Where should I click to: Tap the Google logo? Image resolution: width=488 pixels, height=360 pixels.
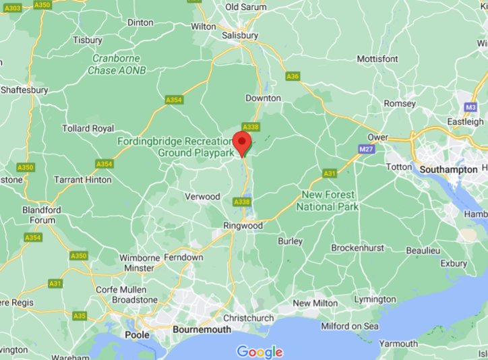260,351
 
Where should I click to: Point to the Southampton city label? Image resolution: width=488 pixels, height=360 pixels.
447,169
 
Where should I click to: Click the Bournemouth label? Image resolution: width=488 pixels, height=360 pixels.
202,330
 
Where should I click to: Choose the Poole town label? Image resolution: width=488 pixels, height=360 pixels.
137,334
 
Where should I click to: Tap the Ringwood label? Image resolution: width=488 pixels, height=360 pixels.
243,225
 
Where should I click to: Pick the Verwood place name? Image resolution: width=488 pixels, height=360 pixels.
203,196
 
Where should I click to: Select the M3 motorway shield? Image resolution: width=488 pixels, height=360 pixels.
470,107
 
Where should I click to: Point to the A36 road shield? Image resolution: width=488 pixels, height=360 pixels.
292,77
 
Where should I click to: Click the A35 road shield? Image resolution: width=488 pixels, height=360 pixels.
80,316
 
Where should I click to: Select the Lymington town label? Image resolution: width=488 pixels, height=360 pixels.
375,299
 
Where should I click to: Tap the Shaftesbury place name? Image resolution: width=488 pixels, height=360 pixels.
24,90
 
